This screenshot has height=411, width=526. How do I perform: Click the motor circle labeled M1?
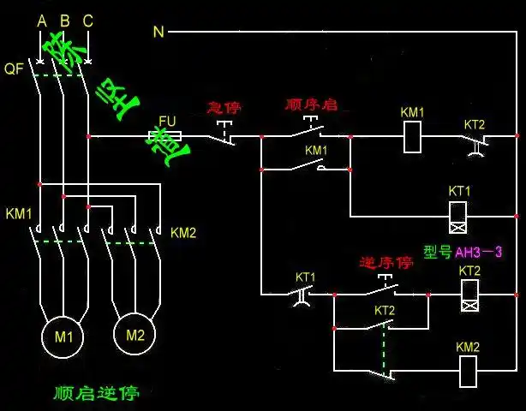pos(64,337)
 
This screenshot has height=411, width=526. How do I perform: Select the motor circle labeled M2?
pos(135,334)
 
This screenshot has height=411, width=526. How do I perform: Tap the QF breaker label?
pos(14,68)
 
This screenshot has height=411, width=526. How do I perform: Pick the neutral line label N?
pos(158,32)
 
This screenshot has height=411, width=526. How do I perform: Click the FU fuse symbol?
pos(164,135)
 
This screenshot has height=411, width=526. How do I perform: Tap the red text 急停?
pos(224,108)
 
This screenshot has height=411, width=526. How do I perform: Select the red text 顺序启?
pos(311,104)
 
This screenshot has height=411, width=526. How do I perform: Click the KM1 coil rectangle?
pos(413,136)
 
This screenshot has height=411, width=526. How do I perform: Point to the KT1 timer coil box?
pos(459,217)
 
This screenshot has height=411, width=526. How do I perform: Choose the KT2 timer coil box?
pos(469,295)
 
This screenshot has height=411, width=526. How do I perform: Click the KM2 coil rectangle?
pos(468,370)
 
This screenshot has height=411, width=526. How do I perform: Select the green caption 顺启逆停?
pos(96,394)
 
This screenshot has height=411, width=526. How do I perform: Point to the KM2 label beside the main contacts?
pos(183,233)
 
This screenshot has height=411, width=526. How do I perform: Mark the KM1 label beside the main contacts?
pos(19,212)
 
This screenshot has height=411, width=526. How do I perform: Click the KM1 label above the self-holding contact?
pos(316,151)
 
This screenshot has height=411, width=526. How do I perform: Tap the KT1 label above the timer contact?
pos(306,277)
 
